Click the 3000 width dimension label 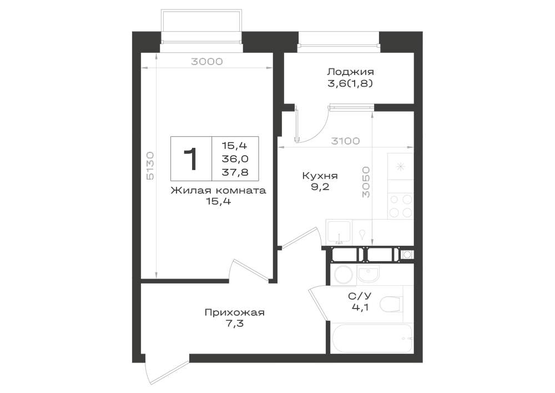(207, 62)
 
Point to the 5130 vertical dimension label (150, 166)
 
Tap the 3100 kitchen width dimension (345, 141)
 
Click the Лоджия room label (350, 72)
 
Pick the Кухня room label (320, 176)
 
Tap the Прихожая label (234, 312)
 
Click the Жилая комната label (218, 191)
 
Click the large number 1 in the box (191, 159)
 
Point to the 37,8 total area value (235, 172)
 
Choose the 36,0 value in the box (235, 159)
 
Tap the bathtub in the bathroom (371, 338)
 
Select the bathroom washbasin (368, 273)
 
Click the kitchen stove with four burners (401, 206)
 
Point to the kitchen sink (339, 232)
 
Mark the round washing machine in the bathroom (342, 274)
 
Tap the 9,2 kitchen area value (320, 187)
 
